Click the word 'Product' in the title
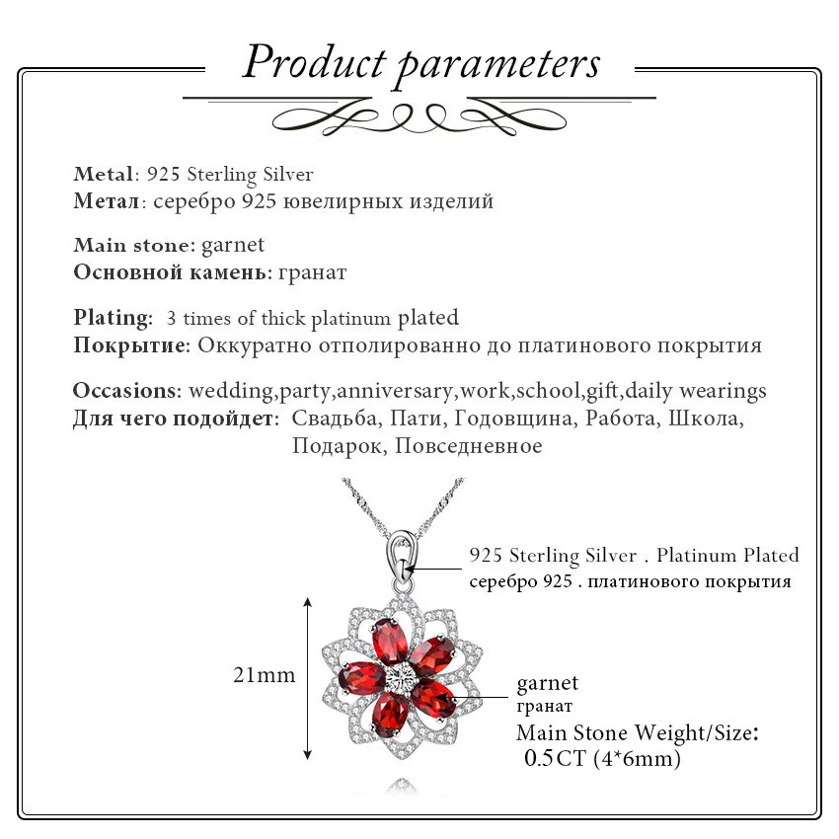tap(314, 62)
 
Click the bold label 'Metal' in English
tap(103, 175)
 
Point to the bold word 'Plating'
tap(113, 318)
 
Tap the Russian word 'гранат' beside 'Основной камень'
tap(312, 272)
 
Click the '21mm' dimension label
tap(264, 675)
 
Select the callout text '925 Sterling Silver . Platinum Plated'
tap(634, 556)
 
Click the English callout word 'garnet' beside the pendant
tap(548, 683)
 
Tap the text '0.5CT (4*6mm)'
tap(603, 758)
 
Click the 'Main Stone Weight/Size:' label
tap(638, 732)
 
